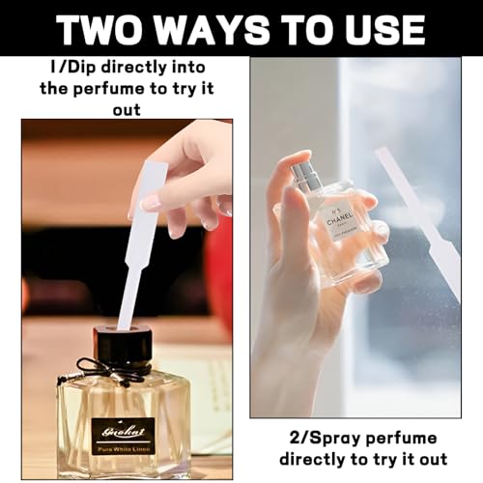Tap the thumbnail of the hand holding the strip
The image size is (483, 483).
click(x=153, y=204)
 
